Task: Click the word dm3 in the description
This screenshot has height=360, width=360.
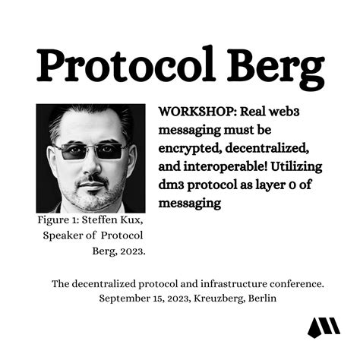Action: tap(172, 185)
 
